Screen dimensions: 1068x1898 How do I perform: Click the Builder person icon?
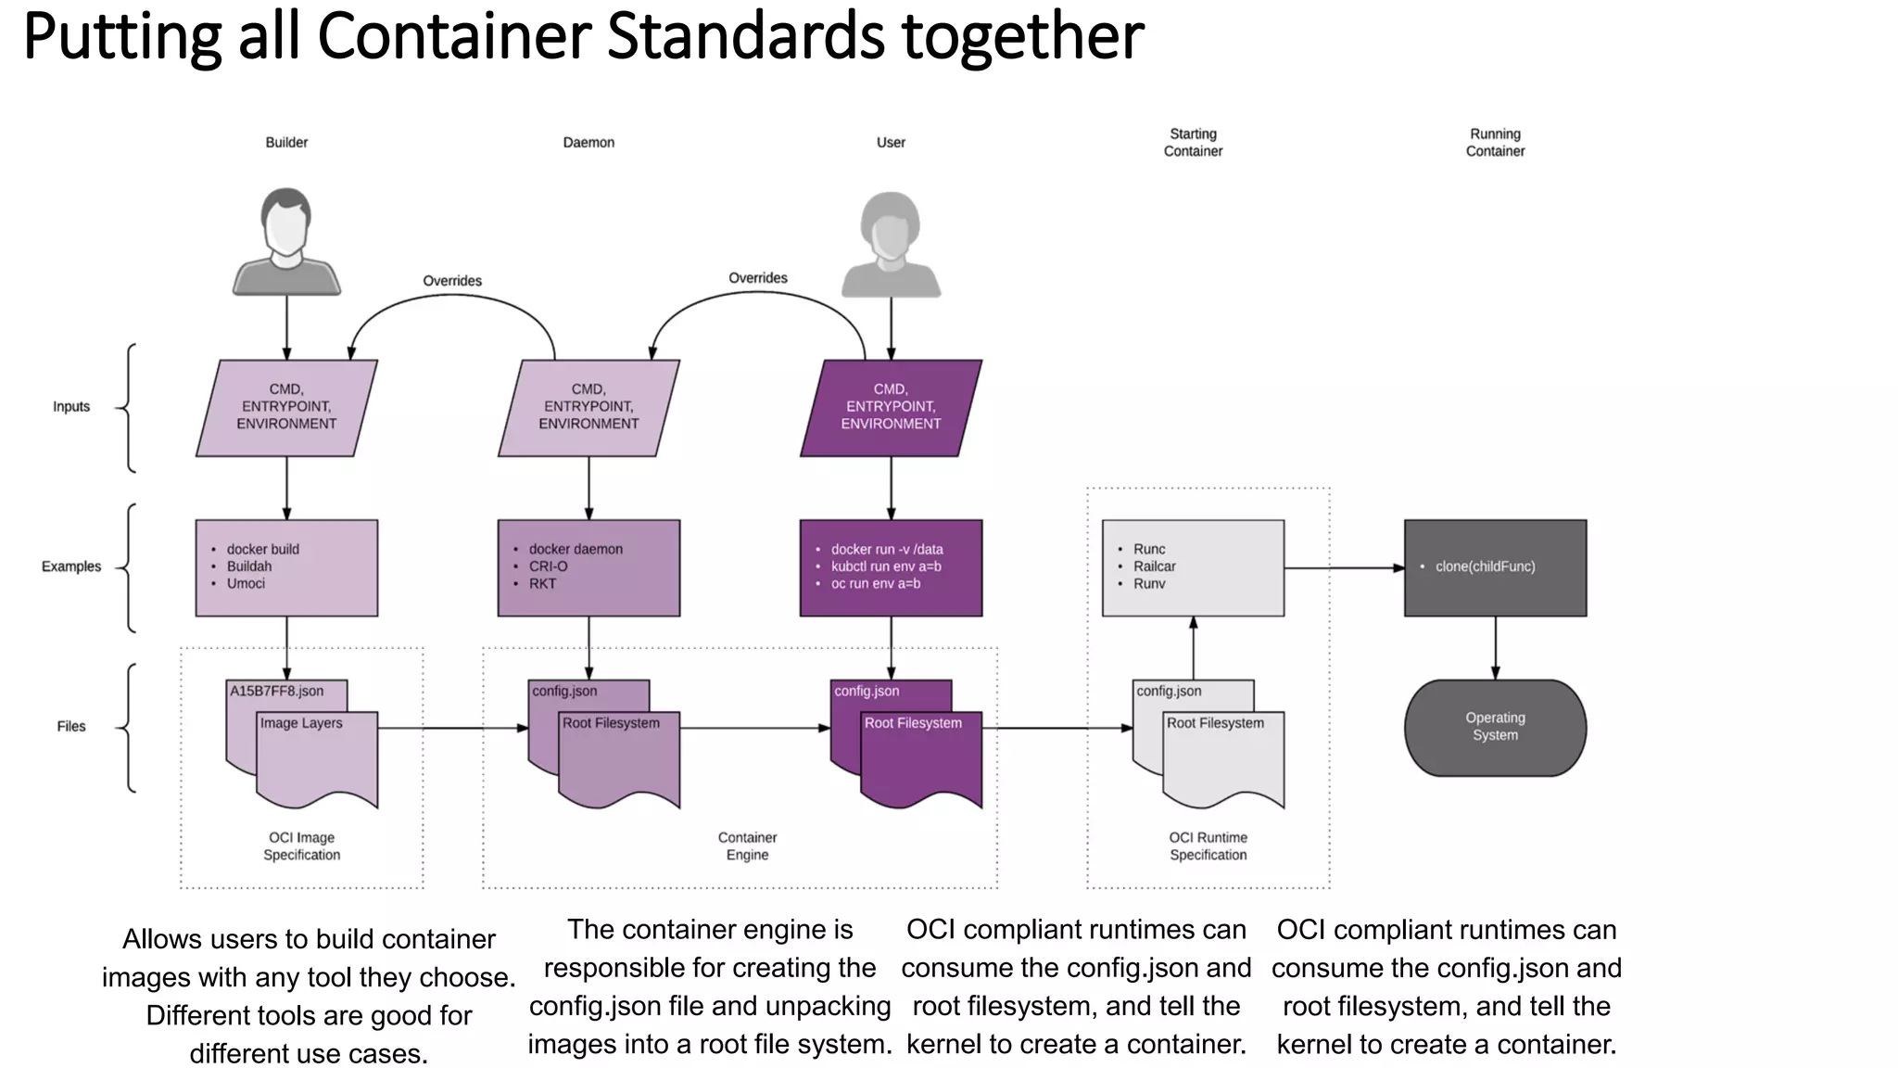(286, 241)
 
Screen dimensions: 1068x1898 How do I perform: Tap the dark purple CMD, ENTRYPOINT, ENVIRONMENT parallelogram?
(891, 407)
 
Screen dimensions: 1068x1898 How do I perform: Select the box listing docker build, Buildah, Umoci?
(286, 567)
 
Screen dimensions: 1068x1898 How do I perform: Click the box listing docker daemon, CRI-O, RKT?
(588, 567)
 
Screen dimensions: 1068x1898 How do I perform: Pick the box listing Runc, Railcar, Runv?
(1193, 567)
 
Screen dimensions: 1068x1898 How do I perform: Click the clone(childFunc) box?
(1495, 567)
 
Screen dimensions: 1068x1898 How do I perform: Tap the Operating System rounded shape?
(1495, 727)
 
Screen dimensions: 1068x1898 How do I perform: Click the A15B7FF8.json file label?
(277, 692)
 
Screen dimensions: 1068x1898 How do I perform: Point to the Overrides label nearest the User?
(758, 278)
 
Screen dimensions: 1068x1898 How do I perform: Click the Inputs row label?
(71, 407)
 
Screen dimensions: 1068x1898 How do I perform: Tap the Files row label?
(71, 727)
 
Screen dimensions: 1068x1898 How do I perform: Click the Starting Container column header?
(1193, 143)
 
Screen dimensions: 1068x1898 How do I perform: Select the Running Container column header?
(1495, 143)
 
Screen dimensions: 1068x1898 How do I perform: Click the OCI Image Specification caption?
(301, 846)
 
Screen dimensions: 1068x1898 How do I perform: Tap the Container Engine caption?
(747, 846)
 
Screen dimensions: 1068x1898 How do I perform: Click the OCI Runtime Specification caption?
(1208, 846)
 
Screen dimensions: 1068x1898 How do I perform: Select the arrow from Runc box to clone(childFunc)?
(1344, 567)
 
